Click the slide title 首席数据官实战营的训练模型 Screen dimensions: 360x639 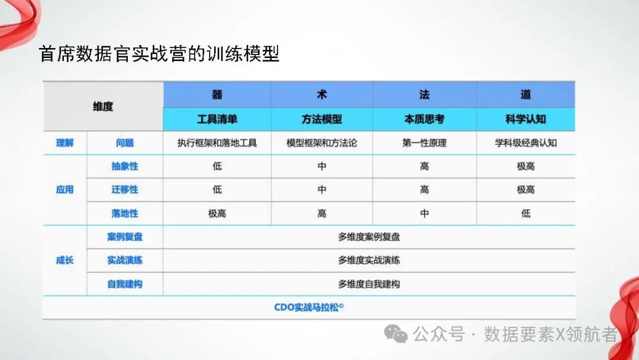coord(159,54)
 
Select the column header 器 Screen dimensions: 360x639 coord(217,95)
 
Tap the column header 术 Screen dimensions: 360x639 coord(322,95)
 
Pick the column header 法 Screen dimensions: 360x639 coord(424,95)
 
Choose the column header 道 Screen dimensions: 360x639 coord(525,95)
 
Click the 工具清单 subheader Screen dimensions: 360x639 coord(217,119)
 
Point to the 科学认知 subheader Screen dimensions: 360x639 coord(525,119)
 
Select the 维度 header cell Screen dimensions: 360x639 coord(103,107)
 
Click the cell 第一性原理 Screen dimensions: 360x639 coord(424,143)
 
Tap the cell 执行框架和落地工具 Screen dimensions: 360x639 coord(217,143)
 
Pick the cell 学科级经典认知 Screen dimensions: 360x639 coord(525,143)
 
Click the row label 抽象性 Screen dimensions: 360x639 coord(125,166)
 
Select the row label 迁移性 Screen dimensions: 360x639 coord(125,189)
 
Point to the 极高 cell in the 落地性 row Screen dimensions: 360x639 coord(217,213)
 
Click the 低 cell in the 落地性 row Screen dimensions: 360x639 coord(525,213)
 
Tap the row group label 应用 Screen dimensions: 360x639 coord(64,189)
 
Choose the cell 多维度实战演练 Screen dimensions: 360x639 coord(369,260)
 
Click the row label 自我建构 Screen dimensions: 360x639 coord(125,284)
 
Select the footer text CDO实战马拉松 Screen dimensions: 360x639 coord(309,307)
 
